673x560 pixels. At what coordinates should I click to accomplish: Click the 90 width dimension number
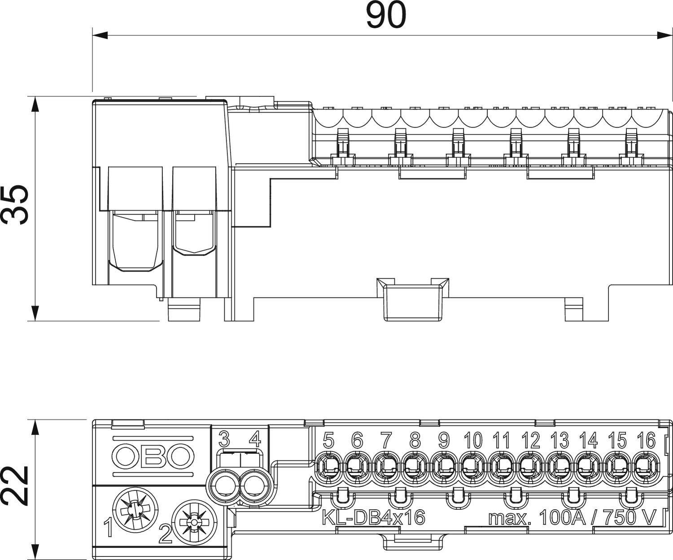(x=386, y=15)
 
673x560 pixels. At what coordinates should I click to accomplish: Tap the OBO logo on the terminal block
(x=153, y=456)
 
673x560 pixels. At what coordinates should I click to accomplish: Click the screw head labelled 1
(x=134, y=511)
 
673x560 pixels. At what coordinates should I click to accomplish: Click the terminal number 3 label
(x=225, y=439)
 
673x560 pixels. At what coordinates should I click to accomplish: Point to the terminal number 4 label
(x=254, y=439)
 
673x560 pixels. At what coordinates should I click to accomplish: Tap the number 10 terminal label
(x=473, y=441)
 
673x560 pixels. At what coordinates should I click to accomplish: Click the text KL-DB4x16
(x=373, y=517)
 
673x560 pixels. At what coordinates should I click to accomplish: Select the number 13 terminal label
(x=559, y=441)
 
